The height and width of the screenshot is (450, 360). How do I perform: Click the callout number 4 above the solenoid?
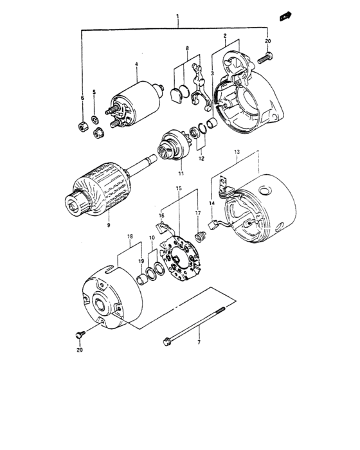coord(136,64)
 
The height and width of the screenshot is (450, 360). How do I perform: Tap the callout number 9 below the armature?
coord(109,225)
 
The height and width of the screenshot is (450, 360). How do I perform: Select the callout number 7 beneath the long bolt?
coord(199,342)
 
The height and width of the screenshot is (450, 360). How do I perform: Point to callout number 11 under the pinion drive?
coord(181,174)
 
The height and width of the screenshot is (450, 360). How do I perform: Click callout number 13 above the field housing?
coord(237,152)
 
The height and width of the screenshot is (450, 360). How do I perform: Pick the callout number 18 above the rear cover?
coord(130,236)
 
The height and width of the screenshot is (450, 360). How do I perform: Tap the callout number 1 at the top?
coord(177,16)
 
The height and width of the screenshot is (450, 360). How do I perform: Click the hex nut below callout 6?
coord(83,126)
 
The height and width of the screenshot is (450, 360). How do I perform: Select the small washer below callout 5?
coord(94,119)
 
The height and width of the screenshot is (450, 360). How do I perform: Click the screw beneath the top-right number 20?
coord(265,58)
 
